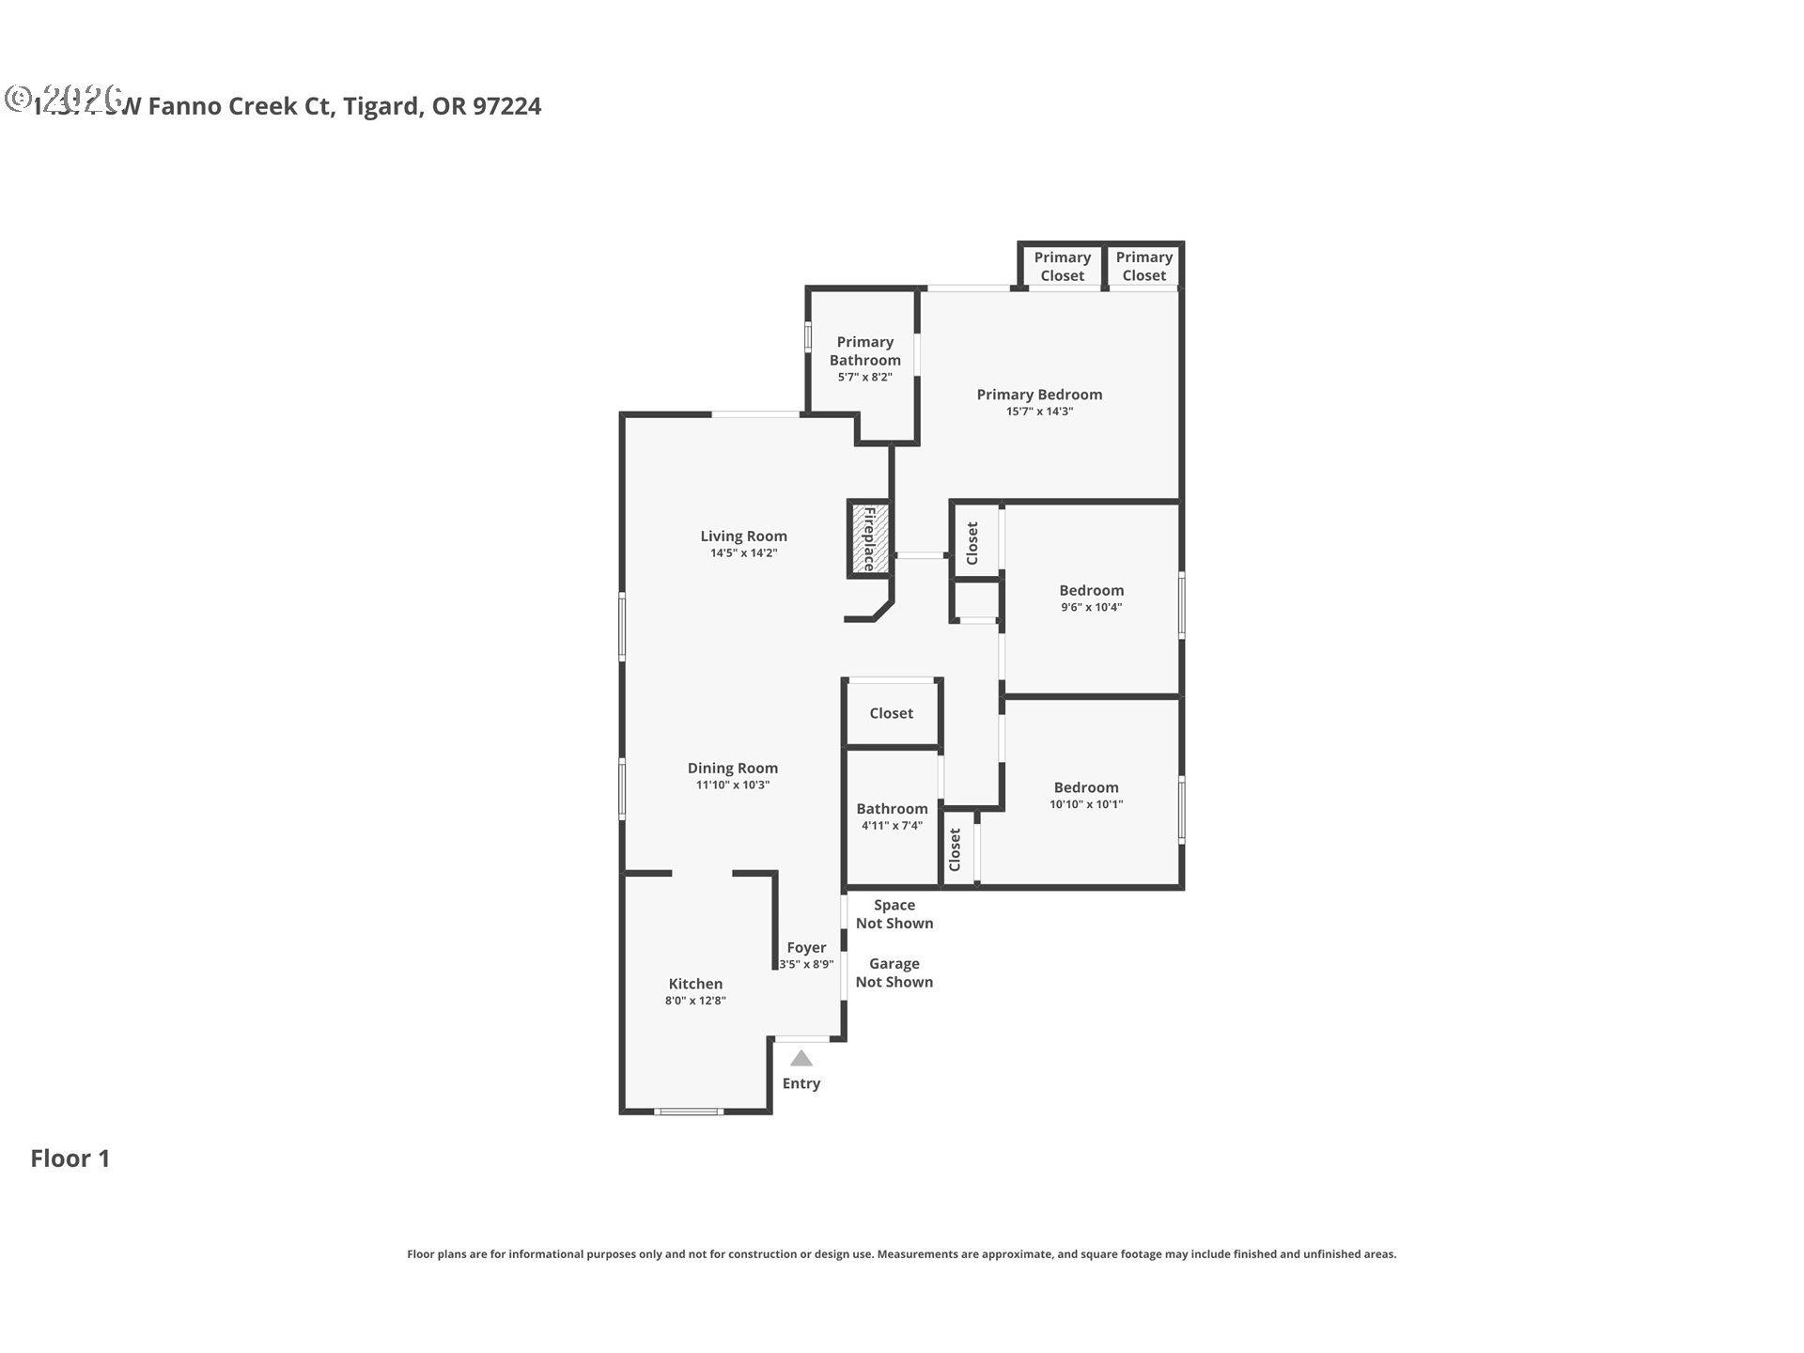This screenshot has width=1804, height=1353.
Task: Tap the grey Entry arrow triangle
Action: coord(801,1059)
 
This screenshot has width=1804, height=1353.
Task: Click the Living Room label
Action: coord(743,537)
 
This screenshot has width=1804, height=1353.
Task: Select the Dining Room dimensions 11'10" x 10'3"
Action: coord(732,785)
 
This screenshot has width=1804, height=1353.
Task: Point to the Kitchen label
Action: coord(695,984)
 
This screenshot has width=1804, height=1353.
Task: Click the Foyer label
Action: coord(806,948)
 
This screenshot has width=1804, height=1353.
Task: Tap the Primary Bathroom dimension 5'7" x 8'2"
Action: coord(864,378)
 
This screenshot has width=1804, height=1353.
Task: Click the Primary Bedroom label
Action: coord(1039,395)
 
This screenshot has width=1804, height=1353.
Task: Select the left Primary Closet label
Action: coord(1062,266)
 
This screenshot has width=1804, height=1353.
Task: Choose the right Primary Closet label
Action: coord(1143,266)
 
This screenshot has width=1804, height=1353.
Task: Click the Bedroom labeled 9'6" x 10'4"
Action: coord(1091,591)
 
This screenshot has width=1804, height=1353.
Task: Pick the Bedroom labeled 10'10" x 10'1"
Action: coord(1085,788)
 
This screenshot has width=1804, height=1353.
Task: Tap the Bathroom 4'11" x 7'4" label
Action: coord(892,809)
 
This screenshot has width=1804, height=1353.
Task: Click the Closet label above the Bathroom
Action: coord(891,713)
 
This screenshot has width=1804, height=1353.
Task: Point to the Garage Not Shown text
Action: coord(894,972)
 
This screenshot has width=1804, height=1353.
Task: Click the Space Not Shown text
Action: coord(894,914)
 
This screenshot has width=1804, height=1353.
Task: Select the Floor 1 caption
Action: coord(70,1159)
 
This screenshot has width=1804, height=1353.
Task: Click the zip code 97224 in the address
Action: coord(506,106)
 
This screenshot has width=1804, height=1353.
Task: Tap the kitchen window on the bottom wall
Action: coord(688,1112)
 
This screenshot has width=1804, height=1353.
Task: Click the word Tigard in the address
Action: coord(381,106)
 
